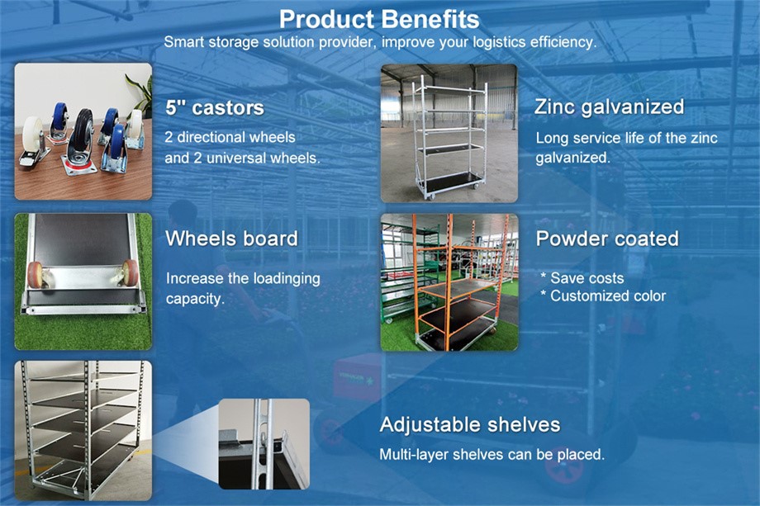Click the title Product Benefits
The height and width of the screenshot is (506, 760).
click(x=379, y=19)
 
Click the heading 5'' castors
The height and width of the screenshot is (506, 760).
click(x=215, y=107)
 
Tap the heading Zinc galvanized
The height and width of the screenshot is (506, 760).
click(x=609, y=106)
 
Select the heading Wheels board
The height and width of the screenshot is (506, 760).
click(x=231, y=239)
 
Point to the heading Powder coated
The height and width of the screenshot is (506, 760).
click(x=607, y=239)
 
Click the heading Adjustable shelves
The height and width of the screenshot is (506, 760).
click(x=469, y=425)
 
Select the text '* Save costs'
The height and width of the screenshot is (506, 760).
click(x=582, y=278)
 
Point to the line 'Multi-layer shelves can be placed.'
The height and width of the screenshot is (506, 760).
click(x=492, y=455)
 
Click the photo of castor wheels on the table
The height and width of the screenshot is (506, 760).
click(x=83, y=131)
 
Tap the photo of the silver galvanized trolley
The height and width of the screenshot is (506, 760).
click(x=449, y=133)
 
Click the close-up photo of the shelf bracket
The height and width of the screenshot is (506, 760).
click(x=264, y=443)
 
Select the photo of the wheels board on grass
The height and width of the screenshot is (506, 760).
click(x=83, y=281)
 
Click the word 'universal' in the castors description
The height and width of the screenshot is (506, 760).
click(x=223, y=156)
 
